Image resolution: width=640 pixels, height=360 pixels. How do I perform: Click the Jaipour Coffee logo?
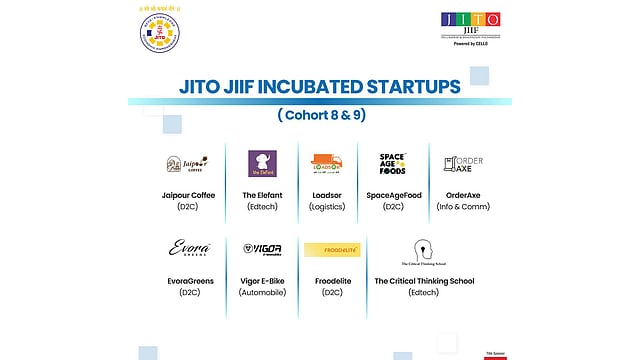click(186, 164)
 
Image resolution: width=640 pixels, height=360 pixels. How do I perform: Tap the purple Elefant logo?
click(261, 164)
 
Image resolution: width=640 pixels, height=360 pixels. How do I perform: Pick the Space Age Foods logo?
click(392, 164)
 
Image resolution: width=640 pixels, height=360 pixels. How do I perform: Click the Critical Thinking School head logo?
click(424, 250)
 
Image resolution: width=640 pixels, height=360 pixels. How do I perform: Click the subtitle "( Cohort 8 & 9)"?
click(320, 116)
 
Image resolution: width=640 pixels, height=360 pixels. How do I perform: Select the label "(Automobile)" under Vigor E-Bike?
click(261, 292)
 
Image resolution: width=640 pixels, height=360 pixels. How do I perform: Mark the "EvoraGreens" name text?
click(189, 281)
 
